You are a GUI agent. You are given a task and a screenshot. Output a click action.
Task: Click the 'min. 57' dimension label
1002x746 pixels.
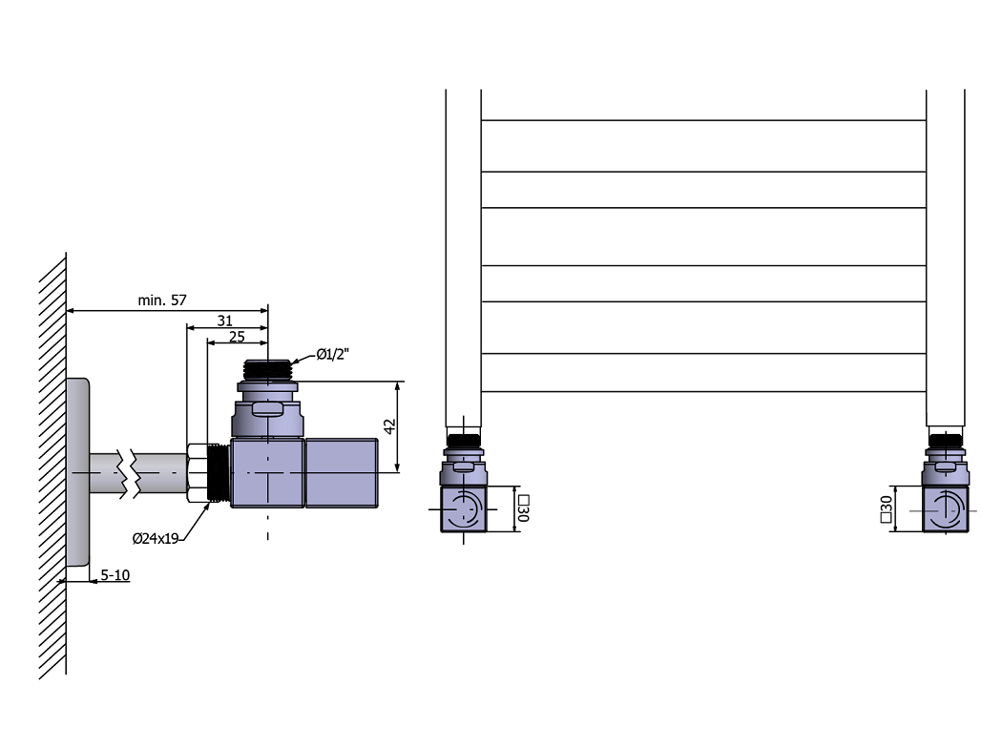161,300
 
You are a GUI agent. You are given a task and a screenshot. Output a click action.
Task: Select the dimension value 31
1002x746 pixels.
224,321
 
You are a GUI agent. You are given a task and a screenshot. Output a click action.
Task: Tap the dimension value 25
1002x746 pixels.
237,337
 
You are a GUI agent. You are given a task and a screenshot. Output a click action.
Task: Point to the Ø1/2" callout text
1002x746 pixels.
333,354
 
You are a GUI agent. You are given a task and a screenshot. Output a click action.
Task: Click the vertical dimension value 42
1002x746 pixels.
389,426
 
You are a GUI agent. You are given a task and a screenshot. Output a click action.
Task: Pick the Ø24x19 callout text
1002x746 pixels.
156,538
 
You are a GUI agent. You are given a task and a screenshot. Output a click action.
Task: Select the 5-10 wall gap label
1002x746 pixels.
115,575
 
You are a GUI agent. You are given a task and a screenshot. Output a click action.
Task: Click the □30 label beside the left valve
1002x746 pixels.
523,508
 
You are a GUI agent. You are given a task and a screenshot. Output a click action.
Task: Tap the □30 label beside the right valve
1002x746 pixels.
886,509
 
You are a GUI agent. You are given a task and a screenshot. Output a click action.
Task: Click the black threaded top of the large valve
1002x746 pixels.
268,370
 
